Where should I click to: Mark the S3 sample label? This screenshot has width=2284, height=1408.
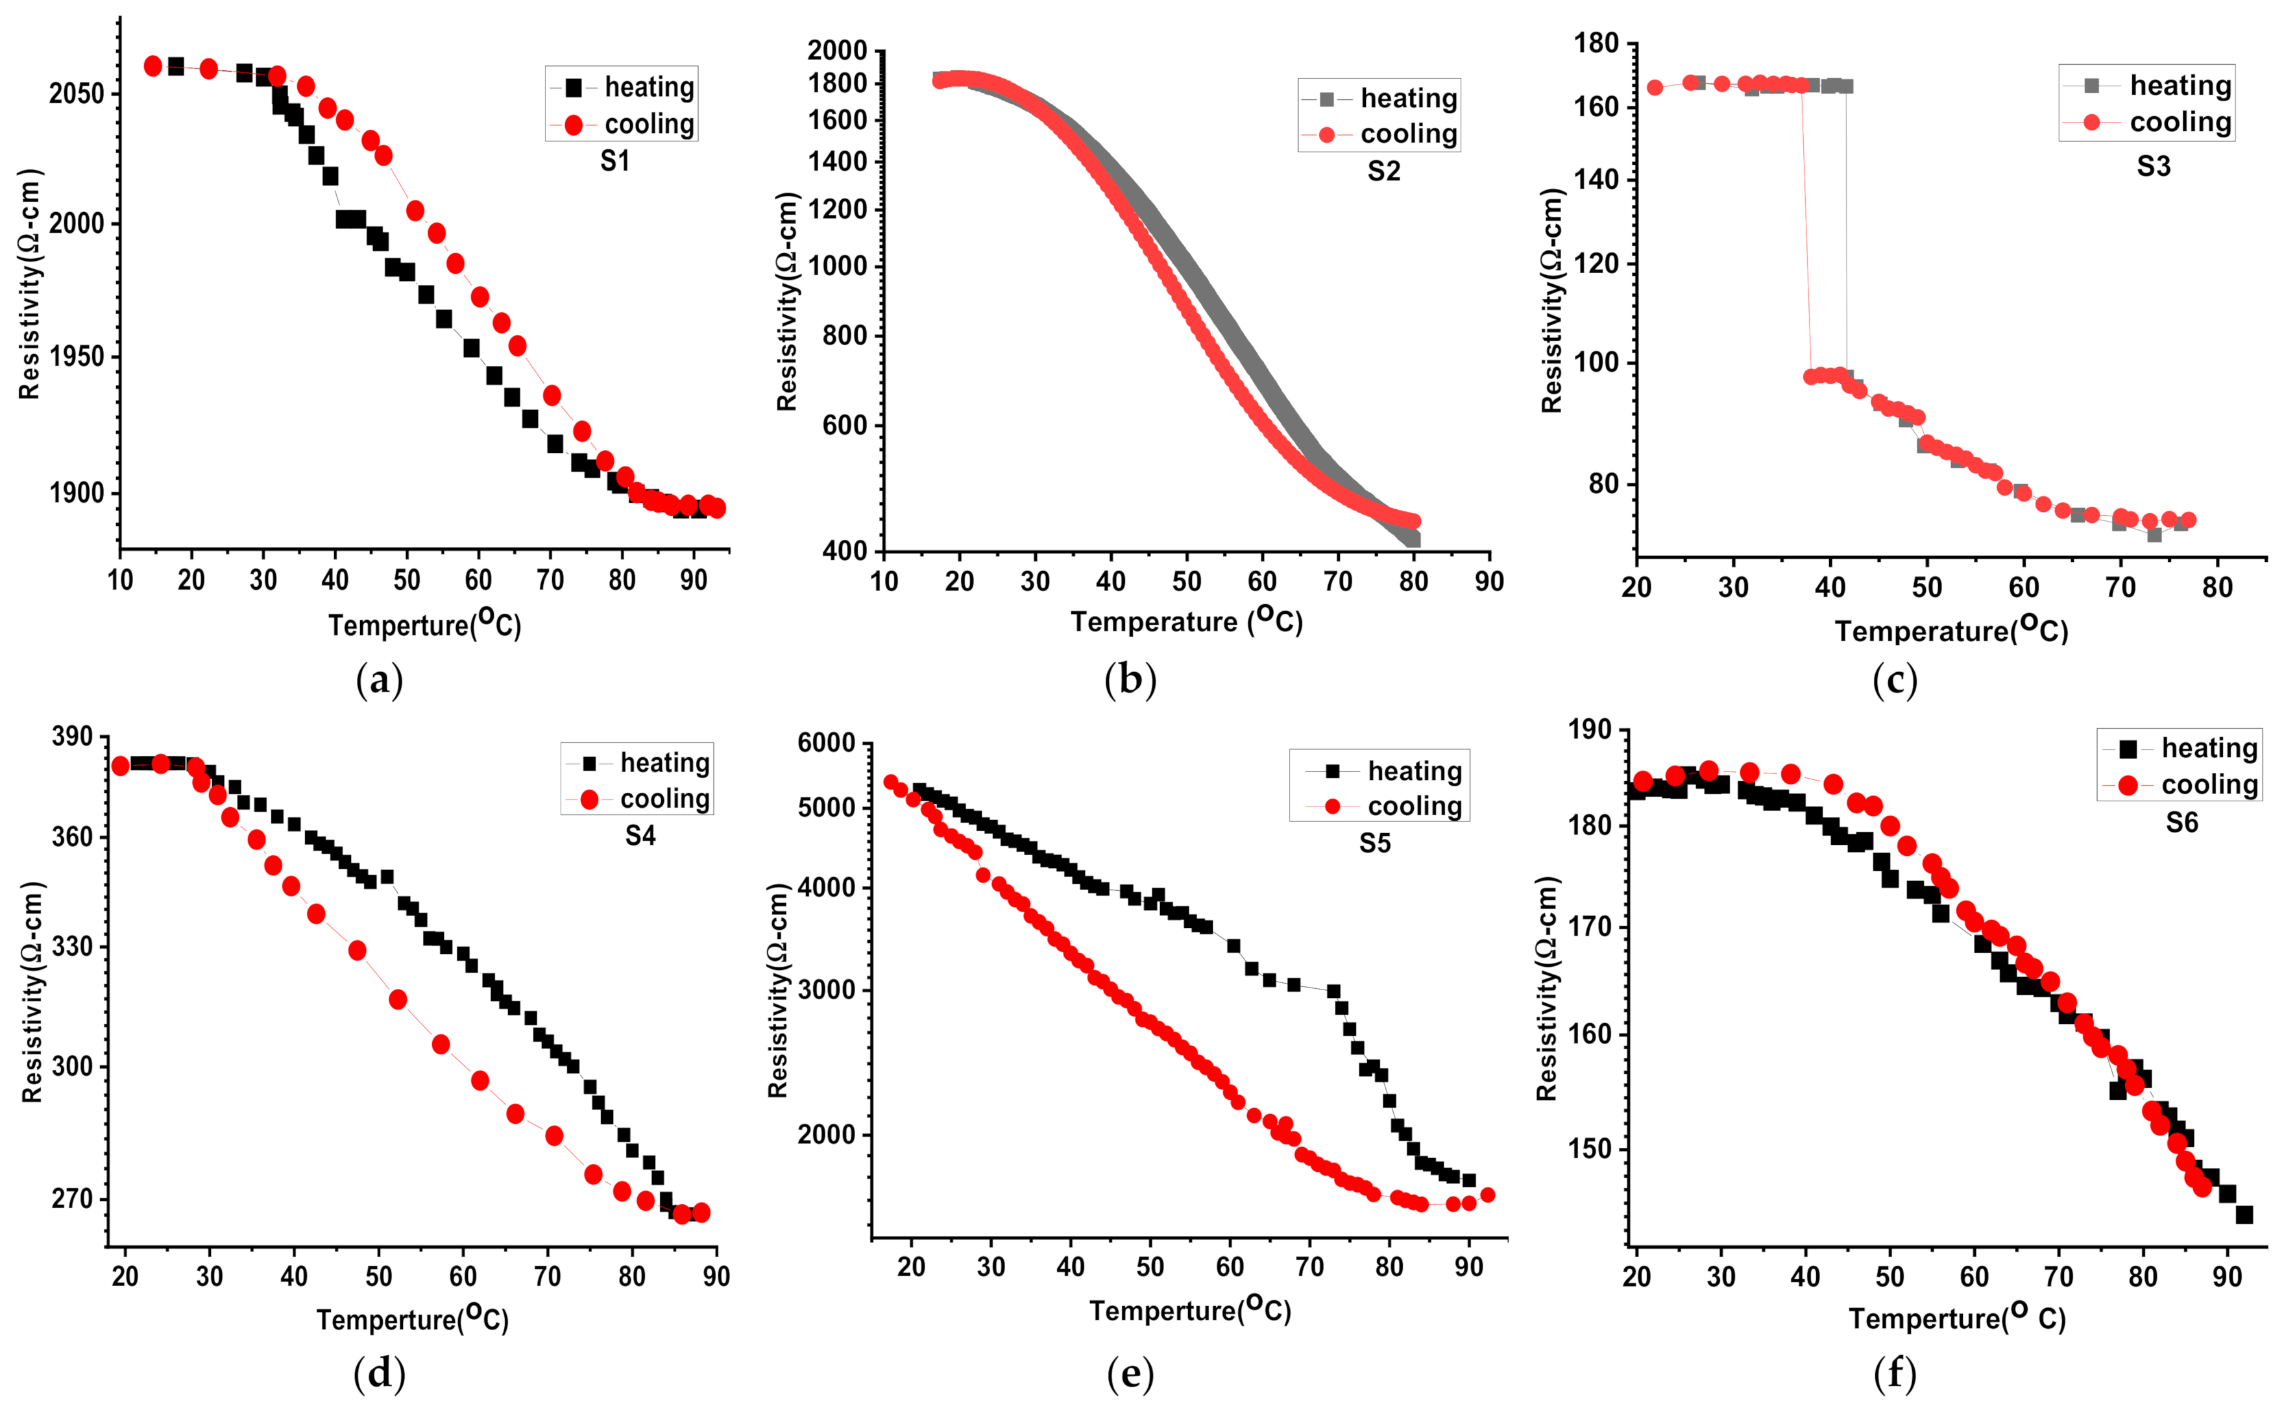(2153, 167)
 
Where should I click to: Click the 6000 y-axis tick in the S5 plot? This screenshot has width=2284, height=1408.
(826, 743)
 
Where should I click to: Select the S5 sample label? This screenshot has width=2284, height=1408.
(1374, 844)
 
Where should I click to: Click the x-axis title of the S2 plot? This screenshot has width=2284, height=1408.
(1186, 621)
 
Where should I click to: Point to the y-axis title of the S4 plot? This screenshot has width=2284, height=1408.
(32, 991)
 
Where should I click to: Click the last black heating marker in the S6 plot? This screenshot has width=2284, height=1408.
(2244, 1214)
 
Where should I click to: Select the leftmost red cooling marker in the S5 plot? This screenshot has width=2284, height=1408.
(891, 783)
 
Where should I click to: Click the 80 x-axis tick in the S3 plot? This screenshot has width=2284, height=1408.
(2217, 588)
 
